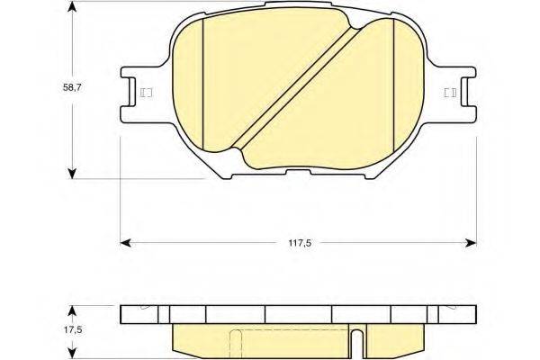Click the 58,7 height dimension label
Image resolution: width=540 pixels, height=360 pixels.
pos(72,87)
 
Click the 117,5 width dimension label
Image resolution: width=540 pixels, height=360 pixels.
pos(300,243)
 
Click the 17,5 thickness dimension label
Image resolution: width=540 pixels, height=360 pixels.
pos(72,329)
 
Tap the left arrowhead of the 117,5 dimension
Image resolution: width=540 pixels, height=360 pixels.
pos(125,243)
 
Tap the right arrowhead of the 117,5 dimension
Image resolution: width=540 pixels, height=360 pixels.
pos(471,243)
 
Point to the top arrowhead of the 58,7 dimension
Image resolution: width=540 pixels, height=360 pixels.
pos(72,6)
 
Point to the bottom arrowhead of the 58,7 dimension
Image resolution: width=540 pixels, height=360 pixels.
pos(72,174)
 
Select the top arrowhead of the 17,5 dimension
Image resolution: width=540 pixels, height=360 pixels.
pos(72,310)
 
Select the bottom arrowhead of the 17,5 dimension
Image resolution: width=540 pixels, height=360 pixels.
pos(72,354)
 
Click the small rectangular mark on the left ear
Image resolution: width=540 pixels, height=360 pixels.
pos(147,93)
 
